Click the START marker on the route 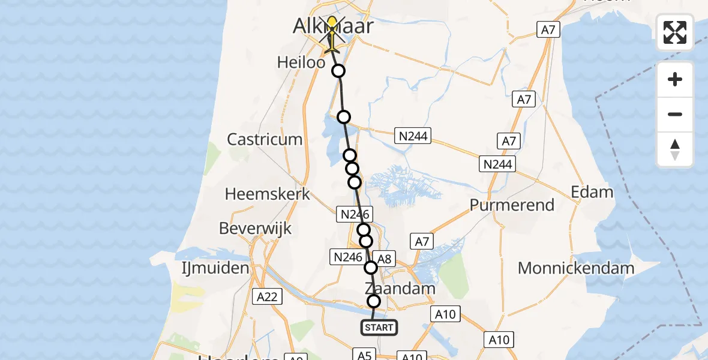[379, 327]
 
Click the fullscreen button [675, 32]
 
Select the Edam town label [592, 192]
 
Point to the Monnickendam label [576, 268]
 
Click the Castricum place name [265, 139]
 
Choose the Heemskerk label [268, 194]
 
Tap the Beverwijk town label [256, 229]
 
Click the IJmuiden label [215, 268]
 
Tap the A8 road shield [385, 259]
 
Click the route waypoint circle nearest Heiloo [339, 71]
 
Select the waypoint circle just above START [374, 301]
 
